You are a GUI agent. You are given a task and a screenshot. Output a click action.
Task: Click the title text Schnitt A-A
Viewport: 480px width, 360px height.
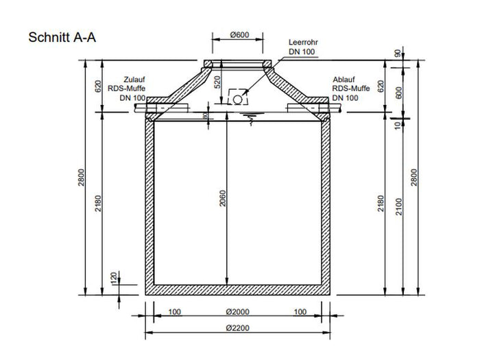(x=62, y=38)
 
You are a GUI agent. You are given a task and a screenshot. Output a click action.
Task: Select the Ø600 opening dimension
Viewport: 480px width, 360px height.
(x=239, y=35)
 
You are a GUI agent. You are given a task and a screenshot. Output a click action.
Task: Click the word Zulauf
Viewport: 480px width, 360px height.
(x=134, y=79)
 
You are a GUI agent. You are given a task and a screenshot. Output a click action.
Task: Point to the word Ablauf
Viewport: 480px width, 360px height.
(x=344, y=79)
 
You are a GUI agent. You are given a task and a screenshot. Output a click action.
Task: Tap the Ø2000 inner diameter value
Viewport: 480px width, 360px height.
(x=238, y=312)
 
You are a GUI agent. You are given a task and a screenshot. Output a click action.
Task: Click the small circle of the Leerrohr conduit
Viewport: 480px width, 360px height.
(x=237, y=99)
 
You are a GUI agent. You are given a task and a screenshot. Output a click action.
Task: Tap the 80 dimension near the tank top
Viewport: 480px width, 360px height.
(x=205, y=116)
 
